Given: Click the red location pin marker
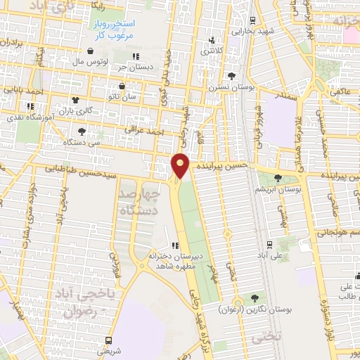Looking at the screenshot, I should click(x=181, y=166).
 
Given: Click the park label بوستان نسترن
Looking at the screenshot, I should click(x=228, y=89).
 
